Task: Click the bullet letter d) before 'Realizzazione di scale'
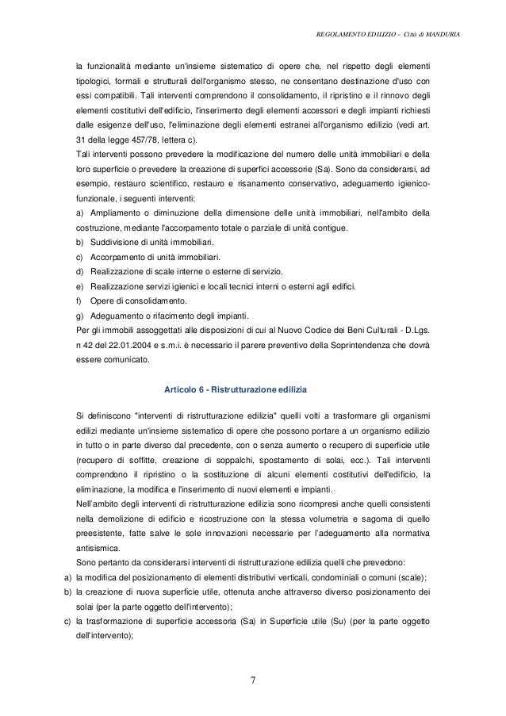[x=79, y=272]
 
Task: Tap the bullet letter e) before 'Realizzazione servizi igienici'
[x=79, y=286]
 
